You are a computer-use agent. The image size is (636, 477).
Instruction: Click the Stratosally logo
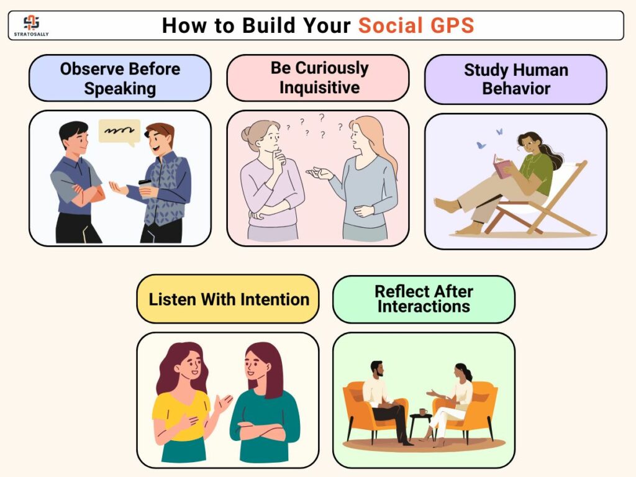pyautogui.click(x=31, y=25)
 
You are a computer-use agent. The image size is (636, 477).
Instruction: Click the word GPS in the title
pyautogui.click(x=452, y=25)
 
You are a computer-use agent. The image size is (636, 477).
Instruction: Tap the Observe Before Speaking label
pyautogui.click(x=120, y=78)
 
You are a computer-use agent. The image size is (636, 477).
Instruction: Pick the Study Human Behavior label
pyautogui.click(x=516, y=79)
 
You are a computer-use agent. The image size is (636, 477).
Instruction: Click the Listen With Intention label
pyautogui.click(x=228, y=299)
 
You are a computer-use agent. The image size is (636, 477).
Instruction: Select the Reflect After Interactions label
pyautogui.click(x=424, y=299)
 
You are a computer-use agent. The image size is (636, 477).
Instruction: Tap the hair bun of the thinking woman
pyautogui.click(x=247, y=134)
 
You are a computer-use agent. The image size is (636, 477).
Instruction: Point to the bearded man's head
pyautogui.click(x=377, y=369)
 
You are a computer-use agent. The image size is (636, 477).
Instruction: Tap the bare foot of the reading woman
pyautogui.click(x=445, y=205)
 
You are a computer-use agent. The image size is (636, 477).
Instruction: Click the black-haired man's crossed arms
pyautogui.click(x=86, y=194)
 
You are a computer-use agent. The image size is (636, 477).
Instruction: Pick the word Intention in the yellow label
pyautogui.click(x=275, y=299)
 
